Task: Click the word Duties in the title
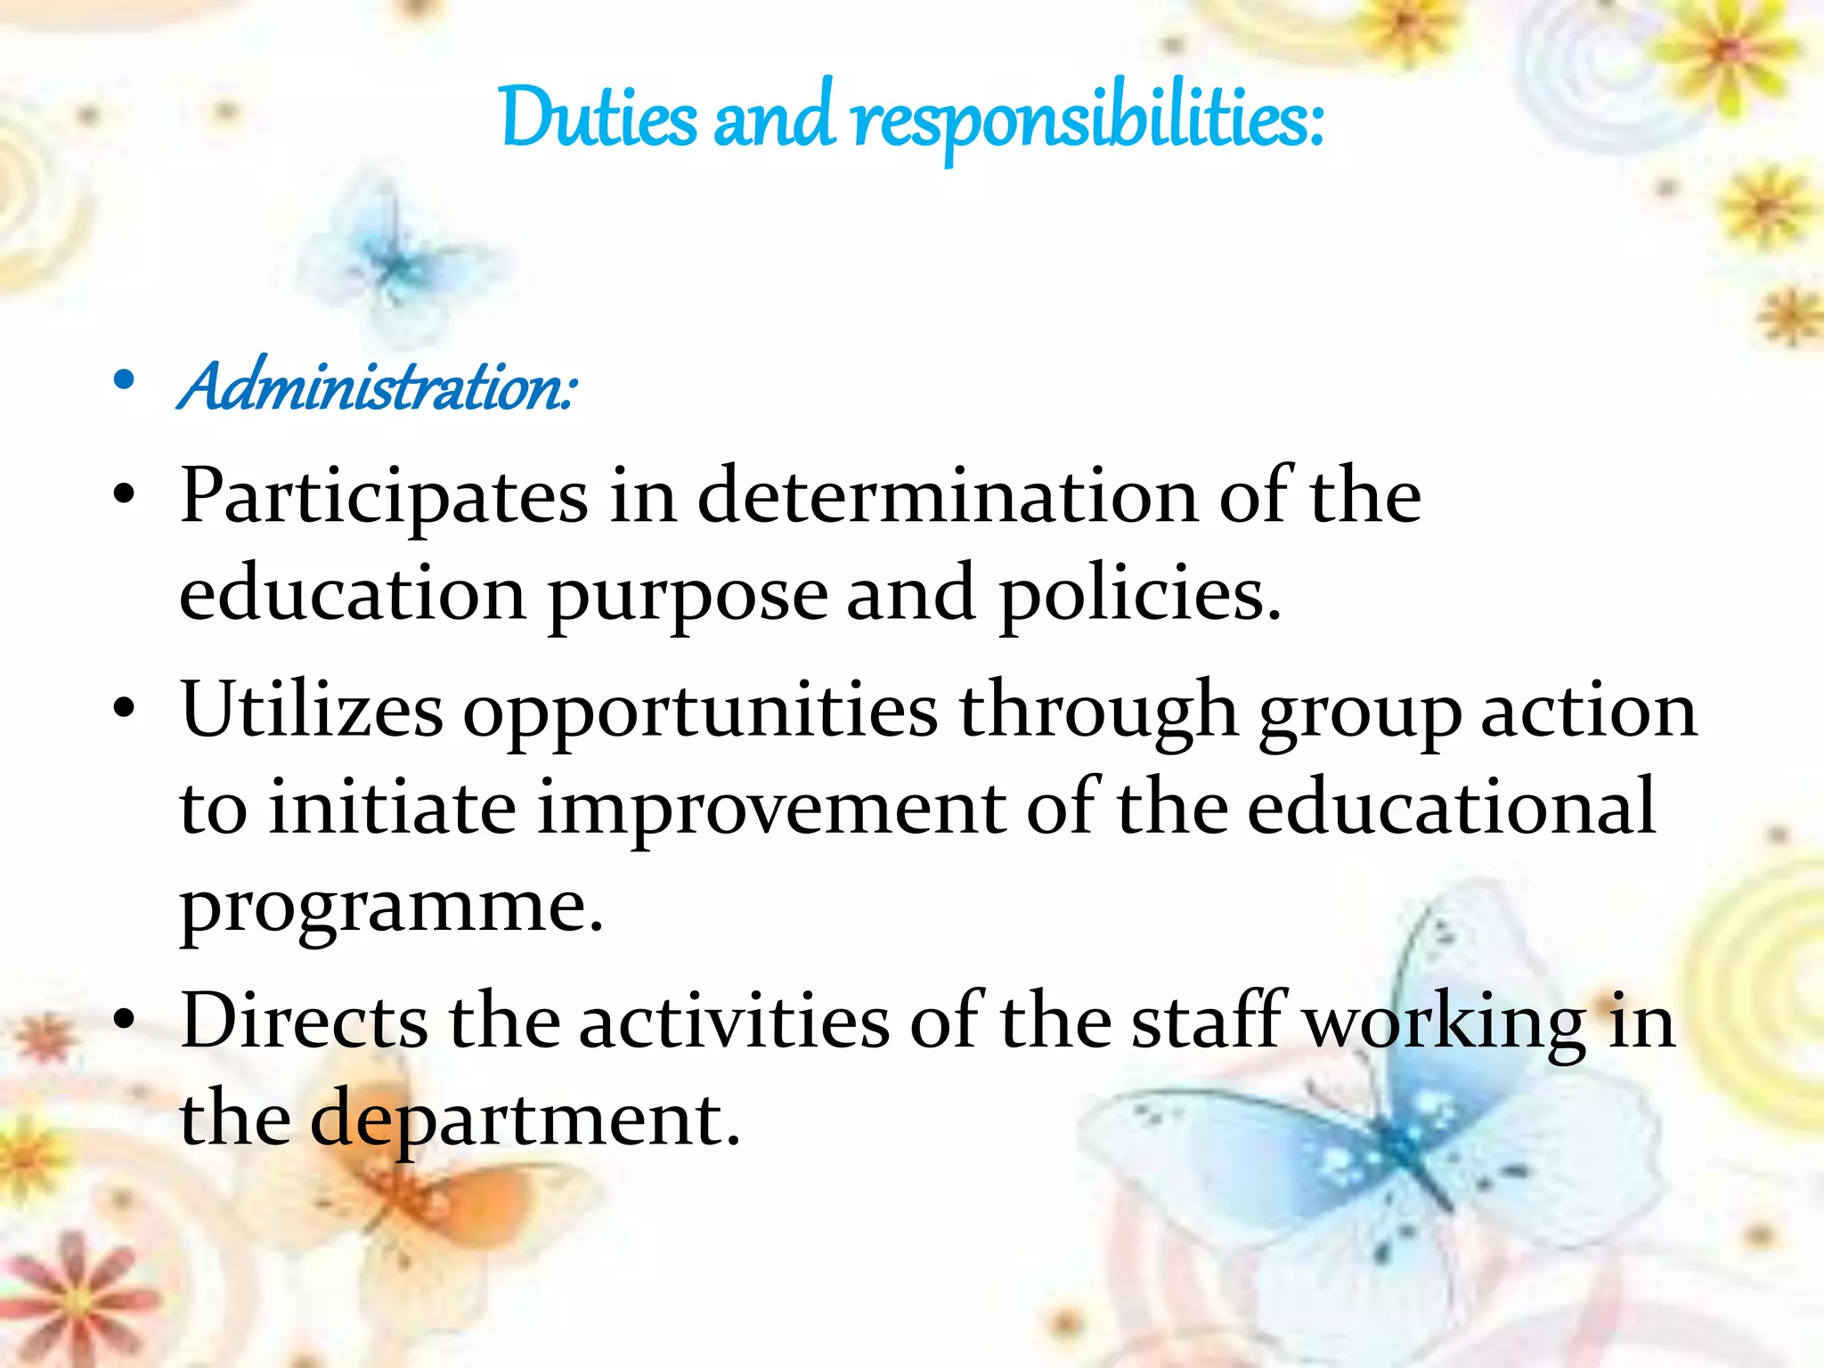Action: point(598,118)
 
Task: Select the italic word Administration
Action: point(378,387)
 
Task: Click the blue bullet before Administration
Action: point(125,381)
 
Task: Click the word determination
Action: point(947,496)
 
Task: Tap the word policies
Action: point(1140,595)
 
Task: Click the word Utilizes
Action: point(312,711)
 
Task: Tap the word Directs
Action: point(304,1021)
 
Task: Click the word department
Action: point(525,1120)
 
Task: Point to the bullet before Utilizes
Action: point(125,709)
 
